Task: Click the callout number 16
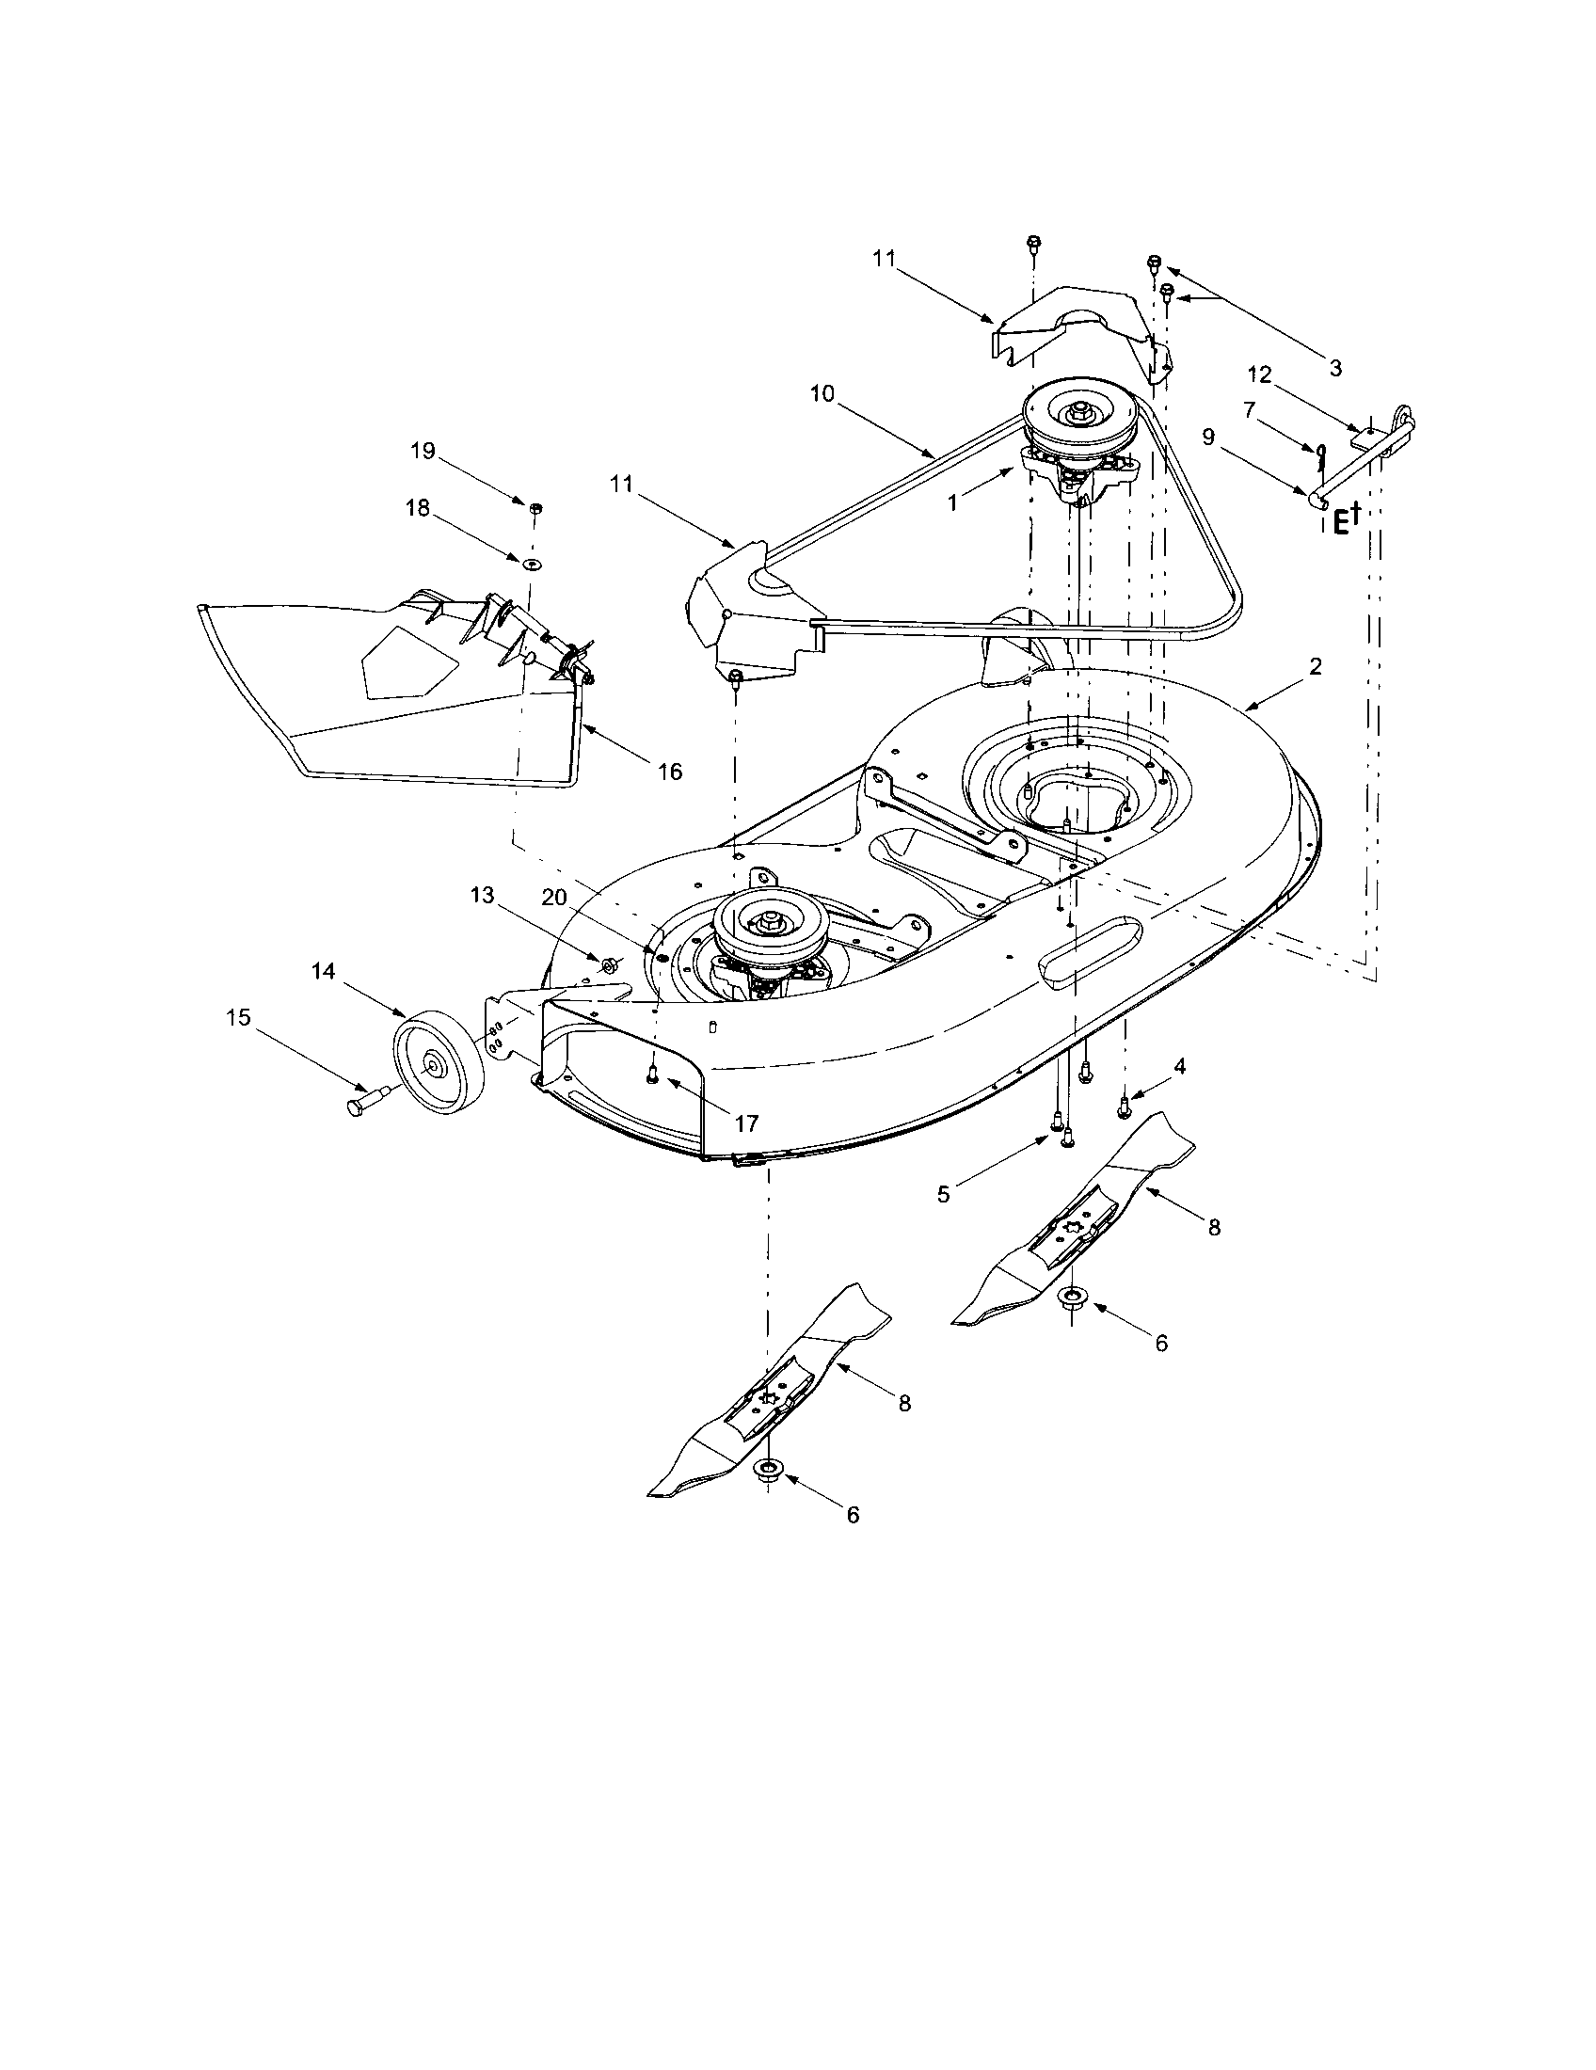click(670, 772)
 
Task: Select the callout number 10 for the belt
click(822, 393)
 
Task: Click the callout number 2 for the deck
click(1315, 666)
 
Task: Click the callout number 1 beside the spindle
click(953, 503)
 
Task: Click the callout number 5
click(943, 1194)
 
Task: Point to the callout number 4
click(1180, 1066)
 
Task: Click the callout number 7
click(1249, 409)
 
